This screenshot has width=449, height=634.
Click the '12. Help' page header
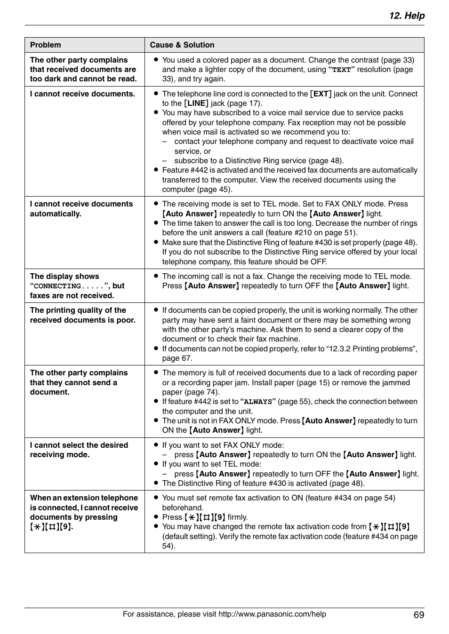coord(407,16)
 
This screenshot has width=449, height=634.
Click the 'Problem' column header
coord(45,45)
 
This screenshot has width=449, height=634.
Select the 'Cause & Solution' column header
coord(182,45)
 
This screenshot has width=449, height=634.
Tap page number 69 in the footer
coord(419,615)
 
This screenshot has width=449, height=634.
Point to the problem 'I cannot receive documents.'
coord(82,94)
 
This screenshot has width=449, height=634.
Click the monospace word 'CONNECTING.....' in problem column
coord(71,286)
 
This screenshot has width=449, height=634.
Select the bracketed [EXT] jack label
coord(321,94)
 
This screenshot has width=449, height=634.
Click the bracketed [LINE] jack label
coord(196,103)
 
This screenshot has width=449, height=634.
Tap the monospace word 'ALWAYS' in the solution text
coord(258,402)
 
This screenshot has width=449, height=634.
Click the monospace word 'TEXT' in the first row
coord(342,70)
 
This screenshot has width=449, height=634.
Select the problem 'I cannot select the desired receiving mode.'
coord(79,450)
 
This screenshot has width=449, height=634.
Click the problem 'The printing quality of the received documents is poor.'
coord(82,315)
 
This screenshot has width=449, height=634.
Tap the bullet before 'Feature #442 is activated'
coord(156,170)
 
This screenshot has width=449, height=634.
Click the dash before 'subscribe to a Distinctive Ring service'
coord(165,161)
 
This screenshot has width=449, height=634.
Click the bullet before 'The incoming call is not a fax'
coord(156,277)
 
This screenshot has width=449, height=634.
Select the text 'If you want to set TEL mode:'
coord(211,464)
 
